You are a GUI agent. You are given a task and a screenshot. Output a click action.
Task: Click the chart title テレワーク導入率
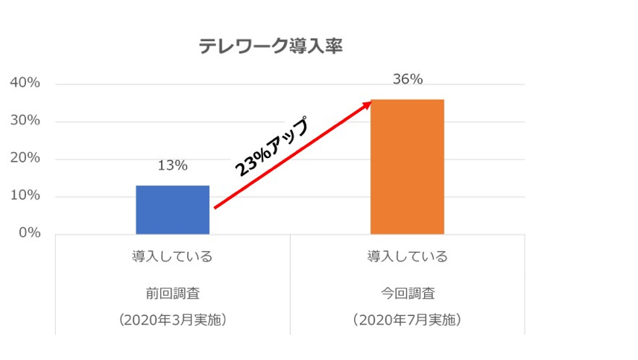pos(270,46)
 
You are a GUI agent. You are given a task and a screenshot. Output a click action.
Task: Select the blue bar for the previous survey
pos(172,209)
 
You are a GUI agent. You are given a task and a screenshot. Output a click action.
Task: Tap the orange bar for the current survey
pos(407,166)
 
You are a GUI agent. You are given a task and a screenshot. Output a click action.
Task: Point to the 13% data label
pos(172,165)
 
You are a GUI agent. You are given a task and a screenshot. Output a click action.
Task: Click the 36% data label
pos(407,79)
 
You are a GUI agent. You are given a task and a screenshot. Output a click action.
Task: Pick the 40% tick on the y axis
pos(25,83)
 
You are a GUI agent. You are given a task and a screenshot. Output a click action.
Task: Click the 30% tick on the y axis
pos(25,121)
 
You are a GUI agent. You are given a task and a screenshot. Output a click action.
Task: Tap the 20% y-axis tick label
pos(25,159)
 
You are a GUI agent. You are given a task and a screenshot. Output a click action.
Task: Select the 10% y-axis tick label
pos(25,197)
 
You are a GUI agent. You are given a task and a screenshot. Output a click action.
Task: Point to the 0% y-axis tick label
pos(29,234)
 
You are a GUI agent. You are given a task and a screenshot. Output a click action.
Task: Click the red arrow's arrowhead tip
pos(371,101)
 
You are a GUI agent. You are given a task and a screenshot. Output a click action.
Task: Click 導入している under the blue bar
pos(172,257)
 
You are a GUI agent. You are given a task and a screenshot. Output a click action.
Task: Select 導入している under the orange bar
pos(407,257)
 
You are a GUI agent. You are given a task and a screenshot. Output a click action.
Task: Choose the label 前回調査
pos(172,291)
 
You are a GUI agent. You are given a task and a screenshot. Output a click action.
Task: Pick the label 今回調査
pos(407,291)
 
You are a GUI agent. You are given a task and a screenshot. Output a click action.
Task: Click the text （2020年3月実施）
pos(172,320)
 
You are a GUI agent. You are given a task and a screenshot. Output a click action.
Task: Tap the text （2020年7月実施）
pos(407,320)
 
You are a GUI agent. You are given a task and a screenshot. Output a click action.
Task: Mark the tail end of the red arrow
pos(215,208)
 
